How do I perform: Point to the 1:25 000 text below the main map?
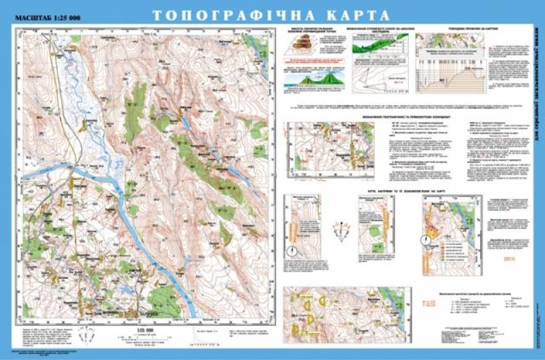[142, 329]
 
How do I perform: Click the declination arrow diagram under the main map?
[87, 335]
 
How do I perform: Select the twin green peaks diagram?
[311, 80]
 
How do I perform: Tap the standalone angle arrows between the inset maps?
[342, 231]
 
